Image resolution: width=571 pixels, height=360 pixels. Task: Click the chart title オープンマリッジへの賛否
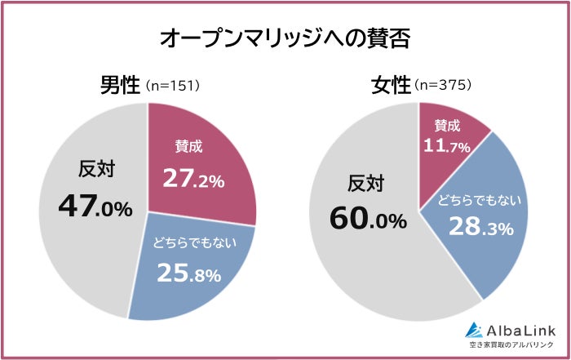[285, 38]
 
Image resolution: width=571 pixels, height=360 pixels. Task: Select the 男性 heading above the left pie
[120, 86]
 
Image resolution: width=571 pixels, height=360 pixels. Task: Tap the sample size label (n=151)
[173, 87]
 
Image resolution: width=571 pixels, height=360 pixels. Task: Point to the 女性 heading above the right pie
[390, 86]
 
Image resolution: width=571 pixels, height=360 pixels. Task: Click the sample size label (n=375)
[443, 87]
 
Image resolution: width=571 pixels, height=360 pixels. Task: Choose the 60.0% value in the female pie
[368, 220]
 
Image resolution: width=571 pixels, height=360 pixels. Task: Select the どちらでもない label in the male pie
[189, 242]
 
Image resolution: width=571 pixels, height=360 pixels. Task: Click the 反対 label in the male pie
[96, 169]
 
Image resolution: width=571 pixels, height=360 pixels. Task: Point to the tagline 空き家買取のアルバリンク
[511, 346]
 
